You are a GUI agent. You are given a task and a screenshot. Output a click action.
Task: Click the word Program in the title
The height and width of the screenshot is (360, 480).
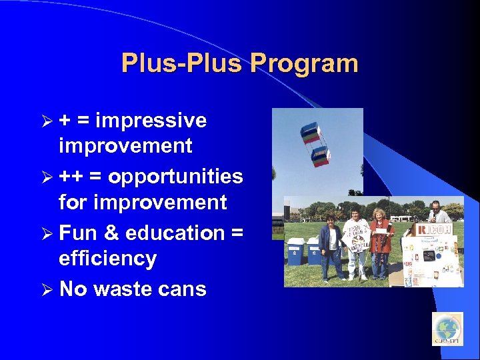(304, 64)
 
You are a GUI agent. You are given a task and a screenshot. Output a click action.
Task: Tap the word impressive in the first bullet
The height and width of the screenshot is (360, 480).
(151, 121)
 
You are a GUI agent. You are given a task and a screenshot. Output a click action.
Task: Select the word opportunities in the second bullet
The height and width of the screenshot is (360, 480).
(175, 177)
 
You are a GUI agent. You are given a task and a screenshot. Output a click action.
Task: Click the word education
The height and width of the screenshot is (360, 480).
(174, 233)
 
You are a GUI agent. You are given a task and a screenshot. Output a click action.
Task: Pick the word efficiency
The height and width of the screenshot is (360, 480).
(107, 259)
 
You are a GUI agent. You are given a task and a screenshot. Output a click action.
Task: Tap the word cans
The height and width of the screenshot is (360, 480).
(187, 289)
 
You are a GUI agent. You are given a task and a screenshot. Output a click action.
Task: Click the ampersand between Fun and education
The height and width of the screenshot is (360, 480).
(111, 233)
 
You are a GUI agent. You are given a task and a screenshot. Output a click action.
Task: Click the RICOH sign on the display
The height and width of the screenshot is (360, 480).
(433, 229)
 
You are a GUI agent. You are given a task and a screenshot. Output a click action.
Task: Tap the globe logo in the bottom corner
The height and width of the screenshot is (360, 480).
(447, 329)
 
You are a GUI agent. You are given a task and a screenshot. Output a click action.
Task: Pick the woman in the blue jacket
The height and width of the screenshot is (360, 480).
(330, 244)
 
